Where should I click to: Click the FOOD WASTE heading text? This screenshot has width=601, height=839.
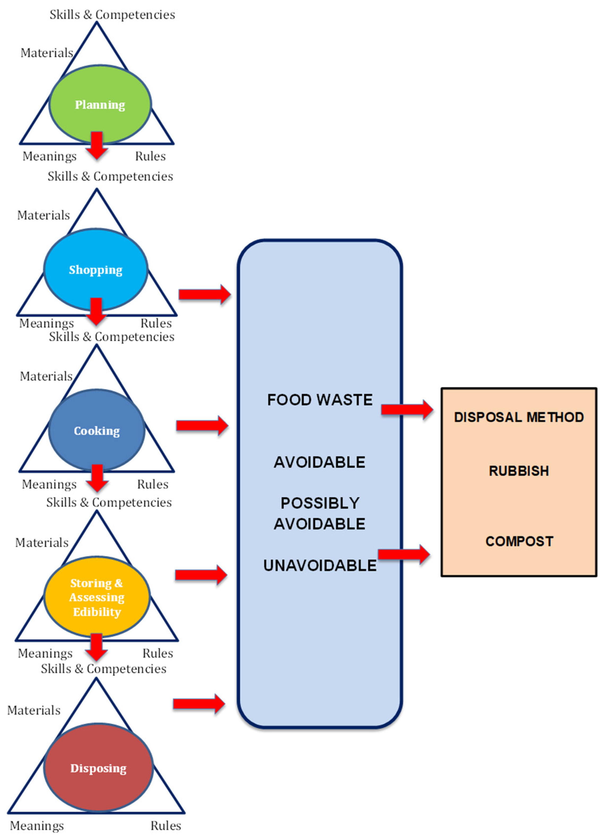[320, 400]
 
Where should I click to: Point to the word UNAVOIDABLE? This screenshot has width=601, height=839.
[320, 566]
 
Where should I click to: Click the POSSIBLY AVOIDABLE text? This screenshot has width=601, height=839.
[320, 513]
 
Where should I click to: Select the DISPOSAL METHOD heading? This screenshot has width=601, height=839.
[519, 417]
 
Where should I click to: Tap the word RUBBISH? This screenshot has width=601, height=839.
[519, 471]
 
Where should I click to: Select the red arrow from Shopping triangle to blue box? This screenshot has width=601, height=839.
[204, 294]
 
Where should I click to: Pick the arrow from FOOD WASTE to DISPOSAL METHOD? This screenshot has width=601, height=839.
[407, 409]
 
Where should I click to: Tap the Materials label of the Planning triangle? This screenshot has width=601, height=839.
[47, 53]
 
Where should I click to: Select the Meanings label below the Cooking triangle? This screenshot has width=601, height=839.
[49, 484]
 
